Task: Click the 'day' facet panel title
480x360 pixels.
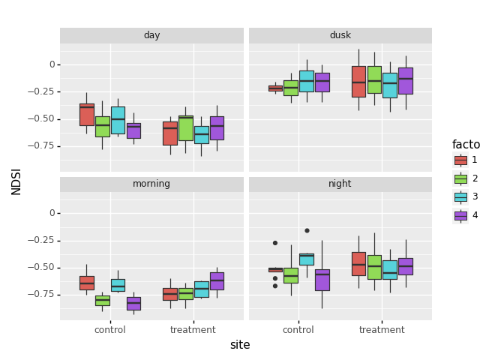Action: click(151, 35)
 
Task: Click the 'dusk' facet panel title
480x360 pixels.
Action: click(340, 35)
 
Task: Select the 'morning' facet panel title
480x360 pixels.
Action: click(151, 184)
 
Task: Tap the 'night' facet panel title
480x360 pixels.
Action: click(340, 184)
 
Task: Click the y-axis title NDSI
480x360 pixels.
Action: click(16, 181)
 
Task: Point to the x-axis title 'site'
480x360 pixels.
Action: click(240, 345)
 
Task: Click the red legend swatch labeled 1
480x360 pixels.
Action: click(460, 160)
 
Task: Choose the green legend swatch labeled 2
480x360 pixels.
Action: click(460, 178)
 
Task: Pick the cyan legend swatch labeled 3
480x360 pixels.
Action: click(460, 196)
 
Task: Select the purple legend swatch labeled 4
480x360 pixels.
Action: click(460, 215)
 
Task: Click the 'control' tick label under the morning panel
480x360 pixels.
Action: click(110, 330)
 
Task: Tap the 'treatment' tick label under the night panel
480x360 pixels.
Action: click(382, 330)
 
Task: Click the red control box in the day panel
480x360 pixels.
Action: click(87, 115)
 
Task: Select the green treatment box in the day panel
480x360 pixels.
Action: click(186, 127)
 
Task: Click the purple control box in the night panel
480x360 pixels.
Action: click(322, 280)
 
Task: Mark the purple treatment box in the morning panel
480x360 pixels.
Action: click(217, 280)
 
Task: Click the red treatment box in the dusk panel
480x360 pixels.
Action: click(358, 81)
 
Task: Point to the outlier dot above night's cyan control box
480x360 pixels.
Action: click(307, 230)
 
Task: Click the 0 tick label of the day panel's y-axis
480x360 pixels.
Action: click(52, 64)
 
